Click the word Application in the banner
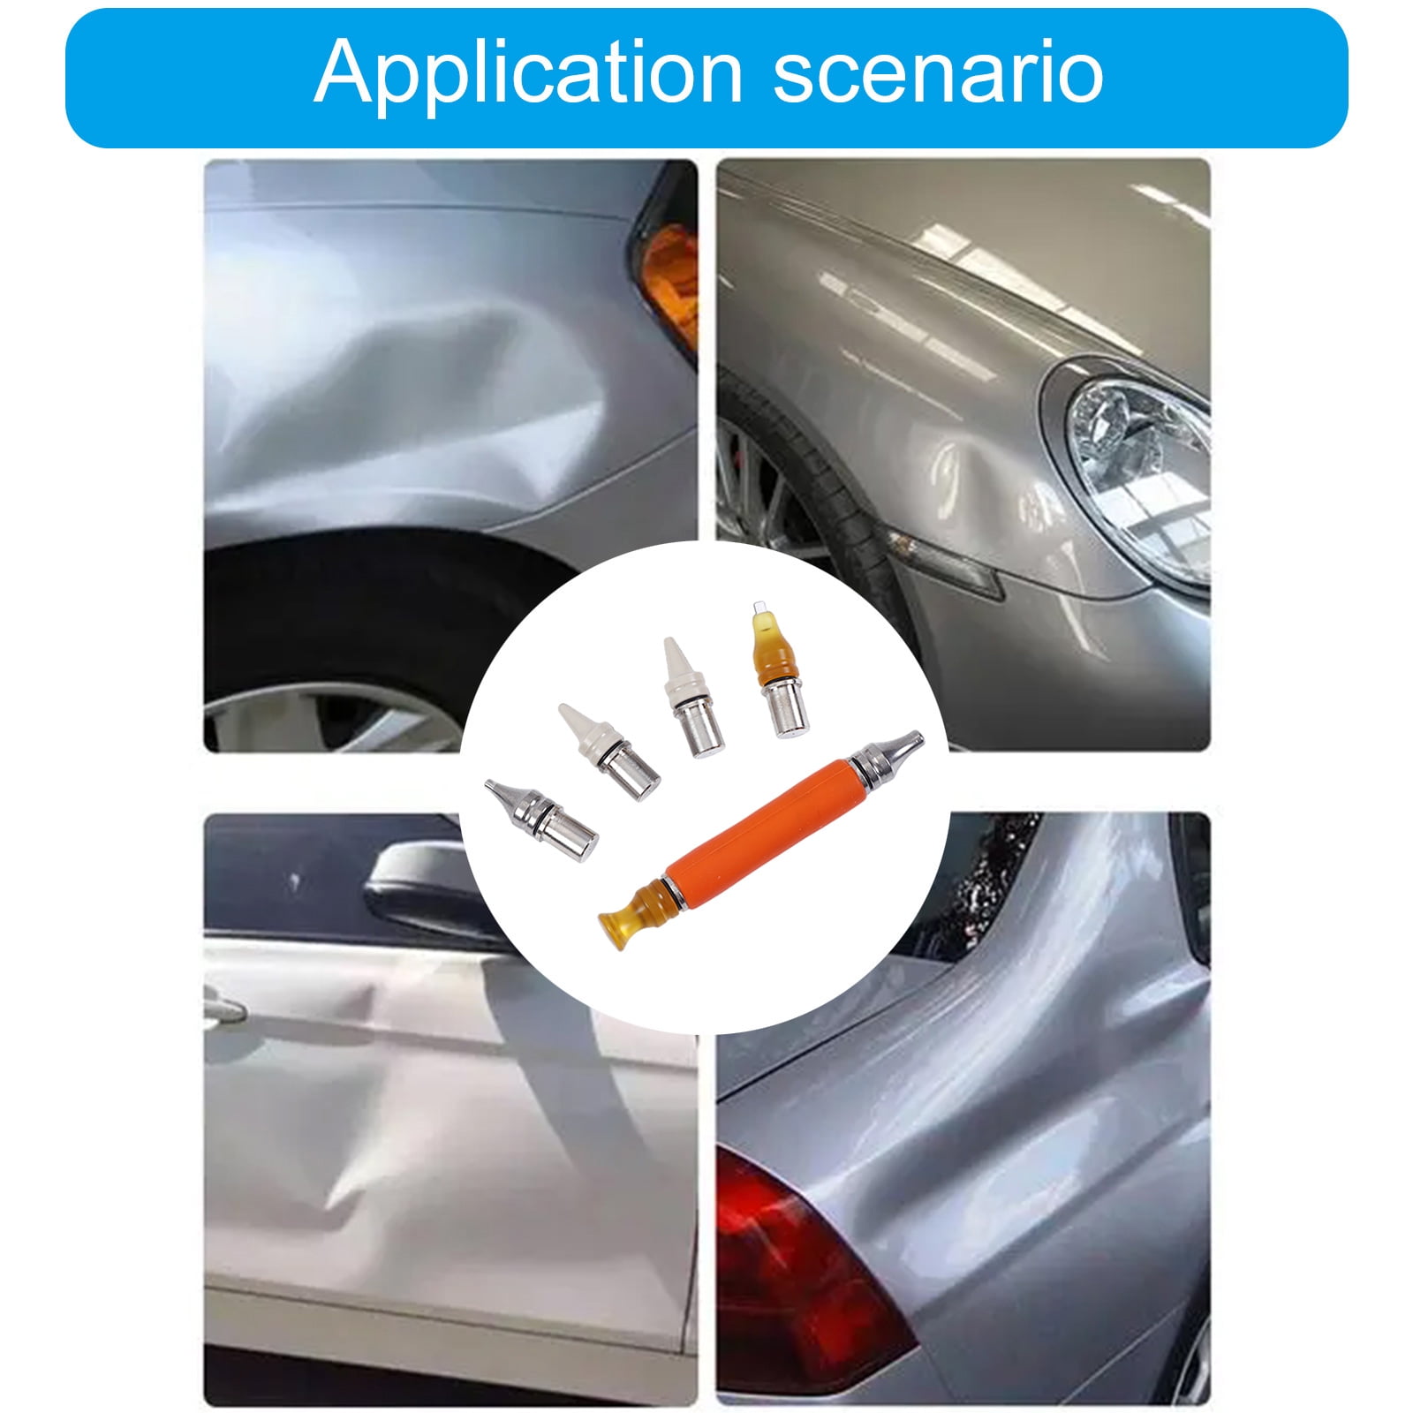point(527,75)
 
